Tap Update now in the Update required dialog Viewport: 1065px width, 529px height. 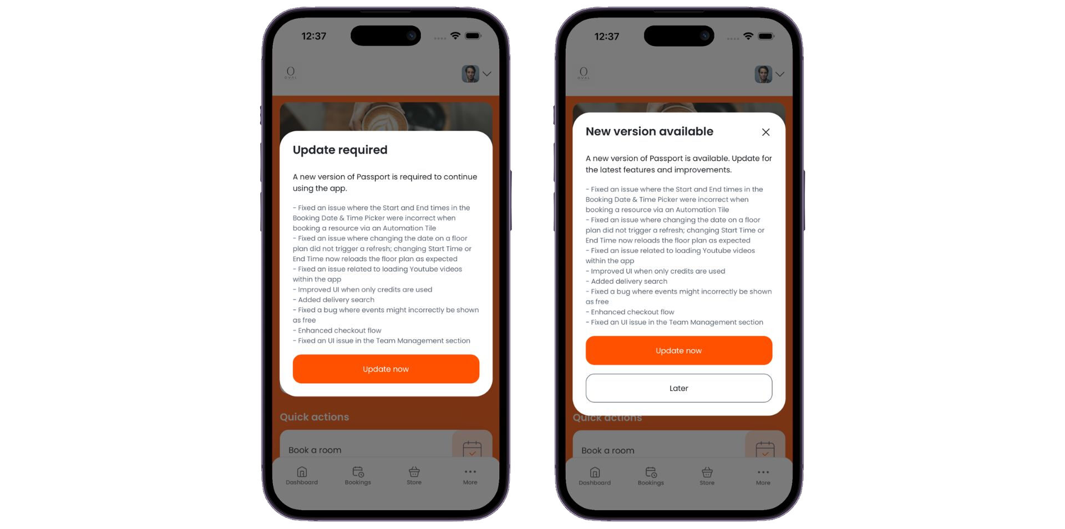[x=386, y=369]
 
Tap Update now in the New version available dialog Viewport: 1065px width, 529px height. [x=678, y=350]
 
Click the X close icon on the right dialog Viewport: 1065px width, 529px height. [x=765, y=132]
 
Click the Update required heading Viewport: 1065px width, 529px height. [x=340, y=150]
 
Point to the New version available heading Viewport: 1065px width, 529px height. [x=650, y=131]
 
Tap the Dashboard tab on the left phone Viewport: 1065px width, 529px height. [x=302, y=476]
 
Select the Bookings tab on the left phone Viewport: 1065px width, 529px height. [x=358, y=476]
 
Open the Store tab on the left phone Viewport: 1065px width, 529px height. [x=414, y=476]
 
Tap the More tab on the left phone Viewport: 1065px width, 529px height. [x=470, y=476]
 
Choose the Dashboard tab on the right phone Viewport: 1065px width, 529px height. [x=595, y=476]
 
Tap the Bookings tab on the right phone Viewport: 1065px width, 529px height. [x=651, y=476]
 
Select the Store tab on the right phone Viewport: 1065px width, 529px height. [x=707, y=476]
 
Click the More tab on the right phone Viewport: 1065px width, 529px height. [x=763, y=476]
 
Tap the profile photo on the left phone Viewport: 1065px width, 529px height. [x=470, y=74]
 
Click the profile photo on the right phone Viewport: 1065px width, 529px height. [x=763, y=74]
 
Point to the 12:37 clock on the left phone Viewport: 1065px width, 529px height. [x=313, y=36]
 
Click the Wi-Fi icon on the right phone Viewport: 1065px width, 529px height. [x=748, y=36]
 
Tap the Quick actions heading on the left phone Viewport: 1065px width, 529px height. [x=314, y=417]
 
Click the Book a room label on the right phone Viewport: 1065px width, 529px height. [x=607, y=450]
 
